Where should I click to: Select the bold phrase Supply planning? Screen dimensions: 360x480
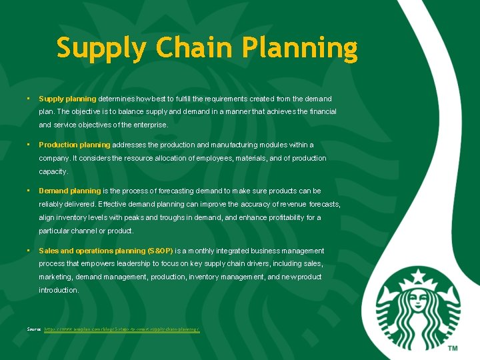pyautogui.click(x=67, y=99)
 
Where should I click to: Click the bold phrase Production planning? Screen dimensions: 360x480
pyautogui.click(x=74, y=145)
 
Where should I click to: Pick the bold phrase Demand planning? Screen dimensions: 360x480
pyautogui.click(x=70, y=191)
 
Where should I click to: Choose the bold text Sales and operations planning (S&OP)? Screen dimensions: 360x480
pyautogui.click(x=106, y=251)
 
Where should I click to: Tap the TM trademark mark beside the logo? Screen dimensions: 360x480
pyautogui.click(x=453, y=348)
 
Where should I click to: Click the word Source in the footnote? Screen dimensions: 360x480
pyautogui.click(x=34, y=329)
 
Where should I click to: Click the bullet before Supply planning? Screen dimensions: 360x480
pyautogui.click(x=28, y=99)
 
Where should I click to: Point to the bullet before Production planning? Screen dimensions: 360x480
pyautogui.click(x=28, y=145)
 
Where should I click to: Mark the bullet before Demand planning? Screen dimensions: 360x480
pyautogui.click(x=28, y=191)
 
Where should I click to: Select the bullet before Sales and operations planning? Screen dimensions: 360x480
pyautogui.click(x=28, y=251)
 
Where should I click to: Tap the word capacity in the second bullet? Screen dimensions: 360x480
pyautogui.click(x=53, y=171)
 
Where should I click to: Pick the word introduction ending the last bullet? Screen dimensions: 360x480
pyautogui.click(x=59, y=290)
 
